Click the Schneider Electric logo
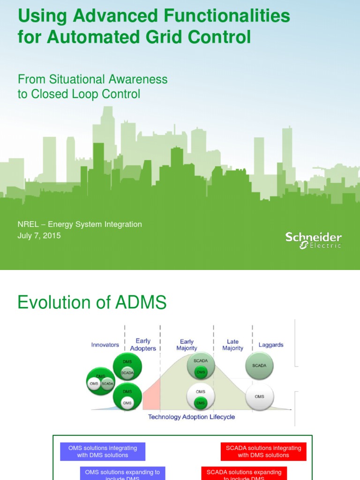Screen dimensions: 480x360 coord(314,240)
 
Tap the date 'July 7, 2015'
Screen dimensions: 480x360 coord(39,236)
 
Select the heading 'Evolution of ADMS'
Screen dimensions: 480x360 coord(92,303)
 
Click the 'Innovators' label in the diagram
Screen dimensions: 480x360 coord(105,345)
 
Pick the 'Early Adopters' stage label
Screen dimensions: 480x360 coord(143,345)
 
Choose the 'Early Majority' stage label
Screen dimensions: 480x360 coord(187,345)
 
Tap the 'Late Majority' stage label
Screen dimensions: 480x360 coord(232,345)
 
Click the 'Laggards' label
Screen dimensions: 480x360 coord(271,345)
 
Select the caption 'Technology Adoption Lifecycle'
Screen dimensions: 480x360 coord(191,417)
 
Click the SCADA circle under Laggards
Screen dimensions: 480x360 coord(259,366)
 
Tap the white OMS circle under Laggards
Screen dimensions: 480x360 coord(259,397)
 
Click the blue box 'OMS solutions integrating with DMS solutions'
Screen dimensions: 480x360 coord(103,451)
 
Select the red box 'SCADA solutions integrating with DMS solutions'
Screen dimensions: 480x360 coord(263,451)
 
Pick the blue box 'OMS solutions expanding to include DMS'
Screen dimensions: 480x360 coord(122,473)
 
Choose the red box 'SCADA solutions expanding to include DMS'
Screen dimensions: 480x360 coord(244,473)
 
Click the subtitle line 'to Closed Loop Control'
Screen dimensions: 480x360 coord(79,94)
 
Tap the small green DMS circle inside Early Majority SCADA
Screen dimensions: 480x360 coord(201,372)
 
